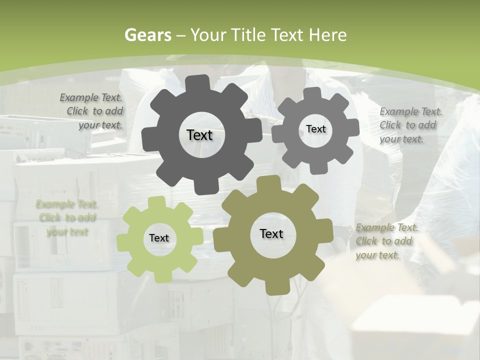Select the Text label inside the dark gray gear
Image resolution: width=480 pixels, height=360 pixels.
pyautogui.click(x=199, y=135)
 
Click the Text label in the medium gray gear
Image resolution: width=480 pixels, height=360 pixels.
pyautogui.click(x=315, y=129)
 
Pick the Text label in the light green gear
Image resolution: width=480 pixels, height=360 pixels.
pyautogui.click(x=159, y=238)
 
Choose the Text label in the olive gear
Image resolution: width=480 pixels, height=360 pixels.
pyautogui.click(x=271, y=234)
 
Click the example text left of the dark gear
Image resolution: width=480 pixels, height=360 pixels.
pyautogui.click(x=92, y=111)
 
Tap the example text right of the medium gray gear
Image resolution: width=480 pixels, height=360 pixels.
pyautogui.click(x=410, y=125)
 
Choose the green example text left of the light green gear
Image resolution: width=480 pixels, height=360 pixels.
pyautogui.click(x=67, y=218)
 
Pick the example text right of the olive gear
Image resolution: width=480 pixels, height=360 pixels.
pyautogui.click(x=386, y=241)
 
